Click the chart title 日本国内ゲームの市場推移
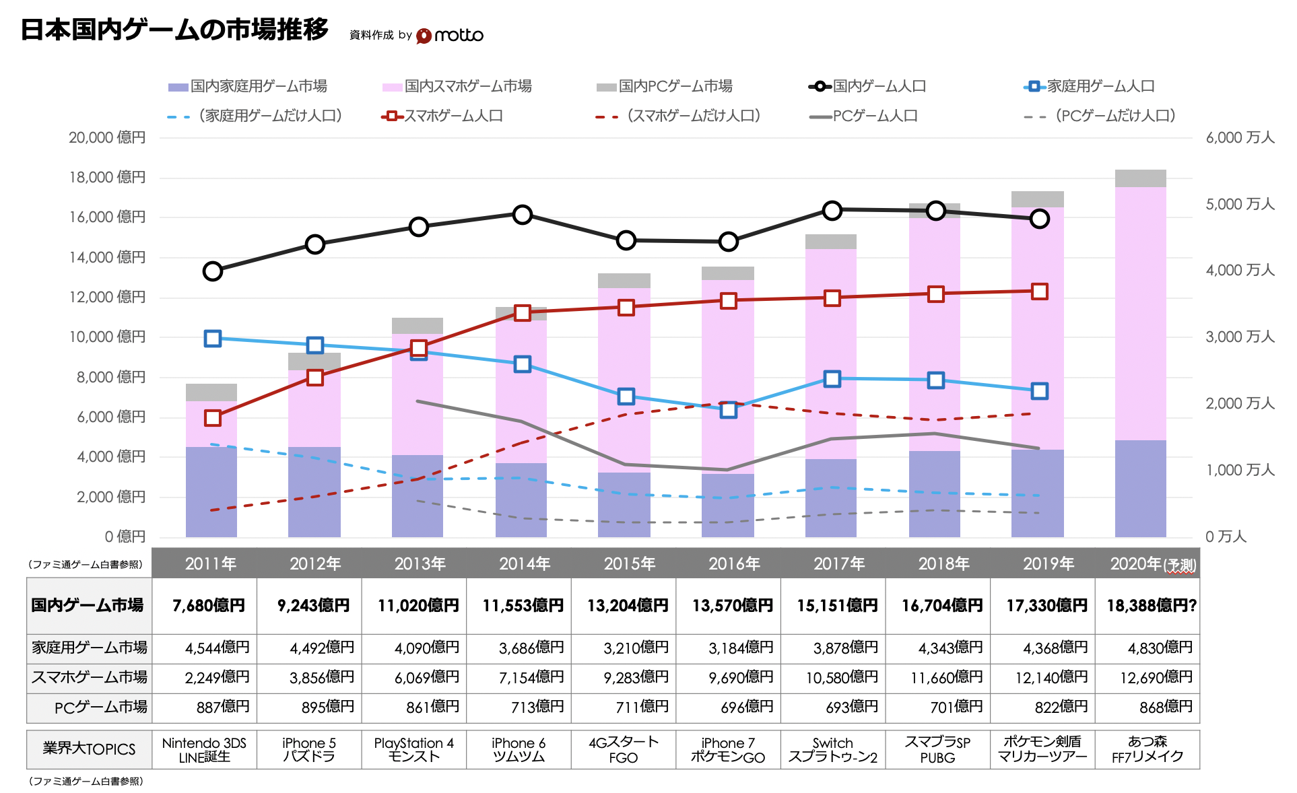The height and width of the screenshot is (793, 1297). coord(174,30)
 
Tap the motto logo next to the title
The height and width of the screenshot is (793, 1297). coord(450,35)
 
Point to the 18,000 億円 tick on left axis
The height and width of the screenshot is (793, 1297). coord(107,177)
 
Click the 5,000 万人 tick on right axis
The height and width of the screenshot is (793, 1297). coord(1239,204)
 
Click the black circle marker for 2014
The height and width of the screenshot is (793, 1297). coord(523,215)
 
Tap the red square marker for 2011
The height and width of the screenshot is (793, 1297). coord(213,418)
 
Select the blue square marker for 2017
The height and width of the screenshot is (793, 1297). coord(832,379)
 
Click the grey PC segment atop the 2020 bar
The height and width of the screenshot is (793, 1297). coord(1140,178)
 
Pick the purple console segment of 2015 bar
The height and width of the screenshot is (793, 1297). coord(624,505)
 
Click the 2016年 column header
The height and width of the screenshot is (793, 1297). coord(734,563)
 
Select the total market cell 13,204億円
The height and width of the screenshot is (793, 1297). coord(628,606)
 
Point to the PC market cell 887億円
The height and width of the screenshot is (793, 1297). coord(223,707)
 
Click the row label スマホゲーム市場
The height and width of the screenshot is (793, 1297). coord(89,677)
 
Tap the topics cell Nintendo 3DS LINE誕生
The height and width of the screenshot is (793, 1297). coord(204,749)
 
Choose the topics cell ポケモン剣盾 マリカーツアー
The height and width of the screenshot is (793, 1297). coord(1042,749)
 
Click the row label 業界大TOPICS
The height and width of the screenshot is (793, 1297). coord(89,749)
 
